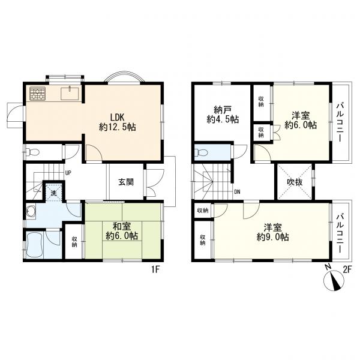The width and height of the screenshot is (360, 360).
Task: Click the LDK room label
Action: pos(118,122)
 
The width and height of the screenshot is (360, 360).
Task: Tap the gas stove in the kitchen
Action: pos(37,94)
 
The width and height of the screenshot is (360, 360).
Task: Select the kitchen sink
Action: pos(70,94)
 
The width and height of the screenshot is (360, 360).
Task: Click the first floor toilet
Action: pos(33,152)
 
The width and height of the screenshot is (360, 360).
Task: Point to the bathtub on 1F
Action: pos(35,245)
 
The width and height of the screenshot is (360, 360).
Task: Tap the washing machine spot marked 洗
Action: pos(54,193)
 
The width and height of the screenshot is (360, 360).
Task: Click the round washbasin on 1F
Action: pos(31,211)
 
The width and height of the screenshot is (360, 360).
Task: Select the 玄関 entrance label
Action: pos(126,182)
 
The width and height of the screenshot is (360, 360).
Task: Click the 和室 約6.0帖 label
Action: pos(122,231)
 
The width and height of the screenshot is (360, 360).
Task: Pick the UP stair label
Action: pos(67,173)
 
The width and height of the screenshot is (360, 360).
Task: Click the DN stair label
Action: pos(237,192)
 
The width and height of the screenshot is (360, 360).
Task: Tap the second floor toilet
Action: pos(201,152)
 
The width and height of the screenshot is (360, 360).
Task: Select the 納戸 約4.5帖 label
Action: pos(223,115)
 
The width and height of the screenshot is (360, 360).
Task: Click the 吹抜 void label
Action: pos(295,182)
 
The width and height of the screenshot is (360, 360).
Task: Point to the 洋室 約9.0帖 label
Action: pos(272,232)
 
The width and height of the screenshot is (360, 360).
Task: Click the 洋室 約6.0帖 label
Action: pos(301,120)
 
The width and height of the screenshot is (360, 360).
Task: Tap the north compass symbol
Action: pos(334,280)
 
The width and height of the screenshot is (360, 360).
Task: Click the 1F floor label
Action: pos(155,269)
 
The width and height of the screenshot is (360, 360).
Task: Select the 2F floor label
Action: pos(347,269)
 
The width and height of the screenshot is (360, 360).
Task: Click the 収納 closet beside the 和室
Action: pos(74,242)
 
